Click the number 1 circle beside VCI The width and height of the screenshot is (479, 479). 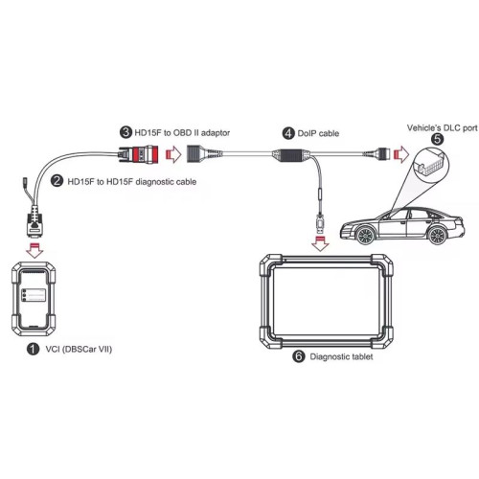tap(33, 349)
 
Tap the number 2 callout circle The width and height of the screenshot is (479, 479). tap(57, 181)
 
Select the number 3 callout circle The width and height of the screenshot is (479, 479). tap(125, 132)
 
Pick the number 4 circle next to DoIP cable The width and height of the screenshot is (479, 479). tap(288, 133)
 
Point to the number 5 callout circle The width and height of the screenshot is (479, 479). tap(437, 139)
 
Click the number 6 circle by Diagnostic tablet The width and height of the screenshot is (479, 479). tap(299, 356)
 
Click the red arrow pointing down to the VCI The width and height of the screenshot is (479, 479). tap(34, 250)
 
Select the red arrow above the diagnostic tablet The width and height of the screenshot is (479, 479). tap(320, 243)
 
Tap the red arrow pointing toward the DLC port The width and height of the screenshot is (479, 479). tap(401, 154)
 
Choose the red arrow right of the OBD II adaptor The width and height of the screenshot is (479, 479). tap(173, 154)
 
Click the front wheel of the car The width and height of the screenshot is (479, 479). tap(365, 236)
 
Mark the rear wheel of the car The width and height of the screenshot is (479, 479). tap(437, 236)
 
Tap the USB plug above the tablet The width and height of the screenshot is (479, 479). tap(320, 222)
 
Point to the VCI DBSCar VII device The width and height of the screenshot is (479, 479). tap(34, 298)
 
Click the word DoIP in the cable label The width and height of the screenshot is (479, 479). tap(306, 133)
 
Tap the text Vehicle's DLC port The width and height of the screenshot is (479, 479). tap(443, 127)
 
